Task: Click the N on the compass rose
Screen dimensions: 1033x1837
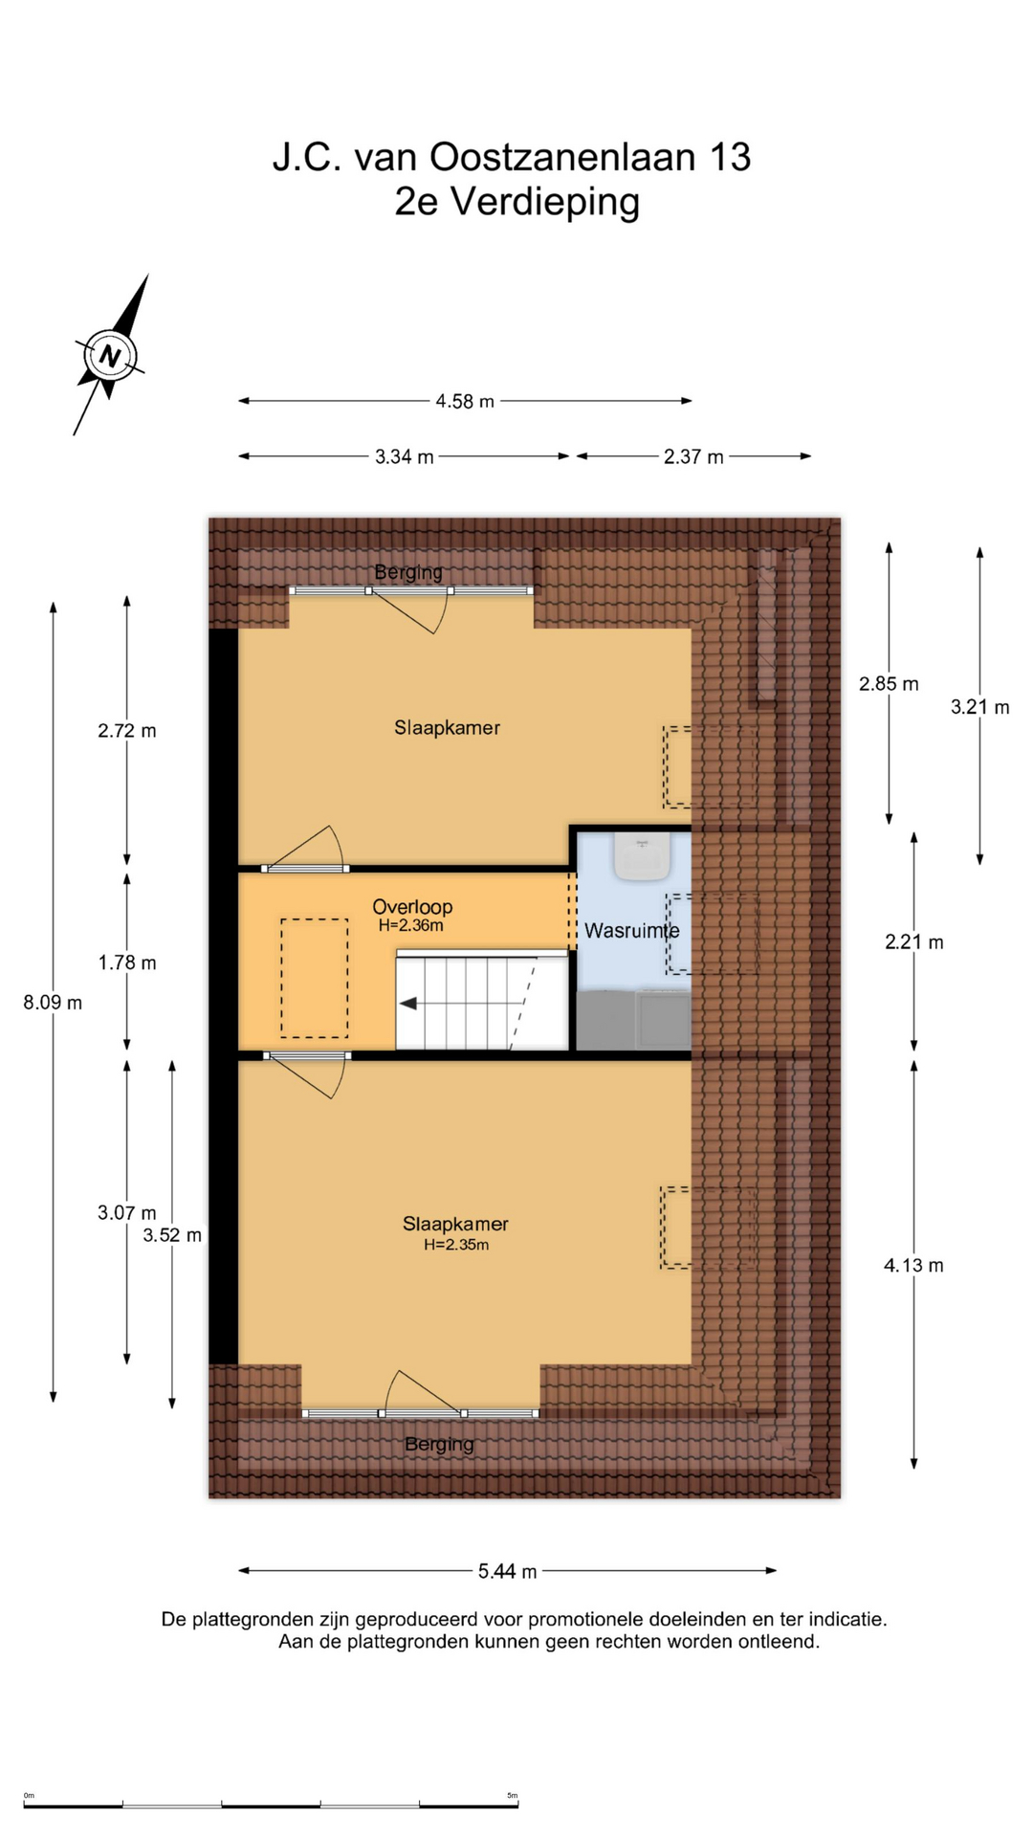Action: click(x=110, y=357)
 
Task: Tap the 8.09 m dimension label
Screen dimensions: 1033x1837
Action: click(x=53, y=1003)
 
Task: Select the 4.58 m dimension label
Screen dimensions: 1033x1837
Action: click(x=465, y=401)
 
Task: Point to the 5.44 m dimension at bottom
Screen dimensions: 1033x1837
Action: click(x=507, y=1570)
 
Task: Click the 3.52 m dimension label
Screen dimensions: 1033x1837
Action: click(x=172, y=1235)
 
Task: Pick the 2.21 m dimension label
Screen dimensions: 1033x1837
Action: click(x=913, y=941)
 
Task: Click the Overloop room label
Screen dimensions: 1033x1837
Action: click(x=412, y=906)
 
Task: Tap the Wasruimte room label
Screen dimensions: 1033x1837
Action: click(x=632, y=930)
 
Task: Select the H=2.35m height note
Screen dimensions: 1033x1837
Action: click(x=456, y=1245)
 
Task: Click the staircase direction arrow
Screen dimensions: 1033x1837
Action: click(x=409, y=1004)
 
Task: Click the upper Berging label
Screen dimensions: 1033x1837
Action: click(x=408, y=572)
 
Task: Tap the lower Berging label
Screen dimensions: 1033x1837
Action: click(x=439, y=1445)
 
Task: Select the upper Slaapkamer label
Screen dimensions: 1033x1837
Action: click(x=447, y=727)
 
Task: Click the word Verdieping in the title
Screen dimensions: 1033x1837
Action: click(x=544, y=202)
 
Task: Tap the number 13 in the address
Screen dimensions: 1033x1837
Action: click(x=730, y=157)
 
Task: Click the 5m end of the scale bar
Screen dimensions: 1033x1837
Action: click(x=517, y=1805)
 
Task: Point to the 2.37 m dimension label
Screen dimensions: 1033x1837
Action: click(x=693, y=456)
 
